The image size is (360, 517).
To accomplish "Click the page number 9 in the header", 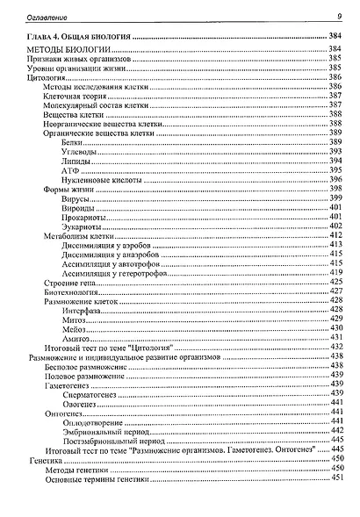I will click(x=338, y=15).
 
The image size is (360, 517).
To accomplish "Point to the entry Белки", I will click(x=74, y=142).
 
